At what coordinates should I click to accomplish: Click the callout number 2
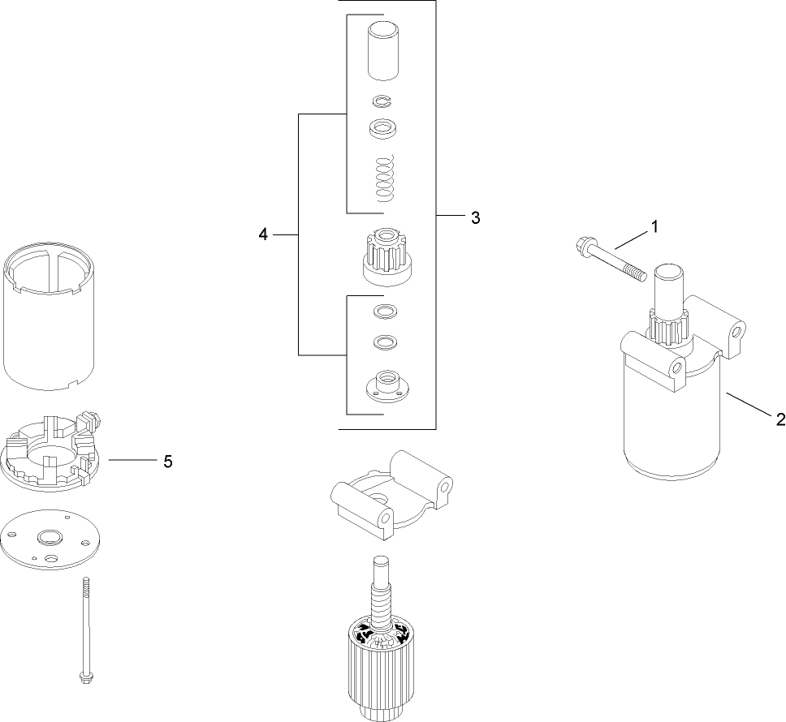[780, 419]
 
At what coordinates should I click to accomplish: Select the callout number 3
[475, 217]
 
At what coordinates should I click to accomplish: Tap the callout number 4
[262, 234]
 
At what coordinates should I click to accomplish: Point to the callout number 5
[168, 461]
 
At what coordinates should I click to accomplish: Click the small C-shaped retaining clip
[382, 101]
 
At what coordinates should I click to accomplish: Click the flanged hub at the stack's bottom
[384, 384]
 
